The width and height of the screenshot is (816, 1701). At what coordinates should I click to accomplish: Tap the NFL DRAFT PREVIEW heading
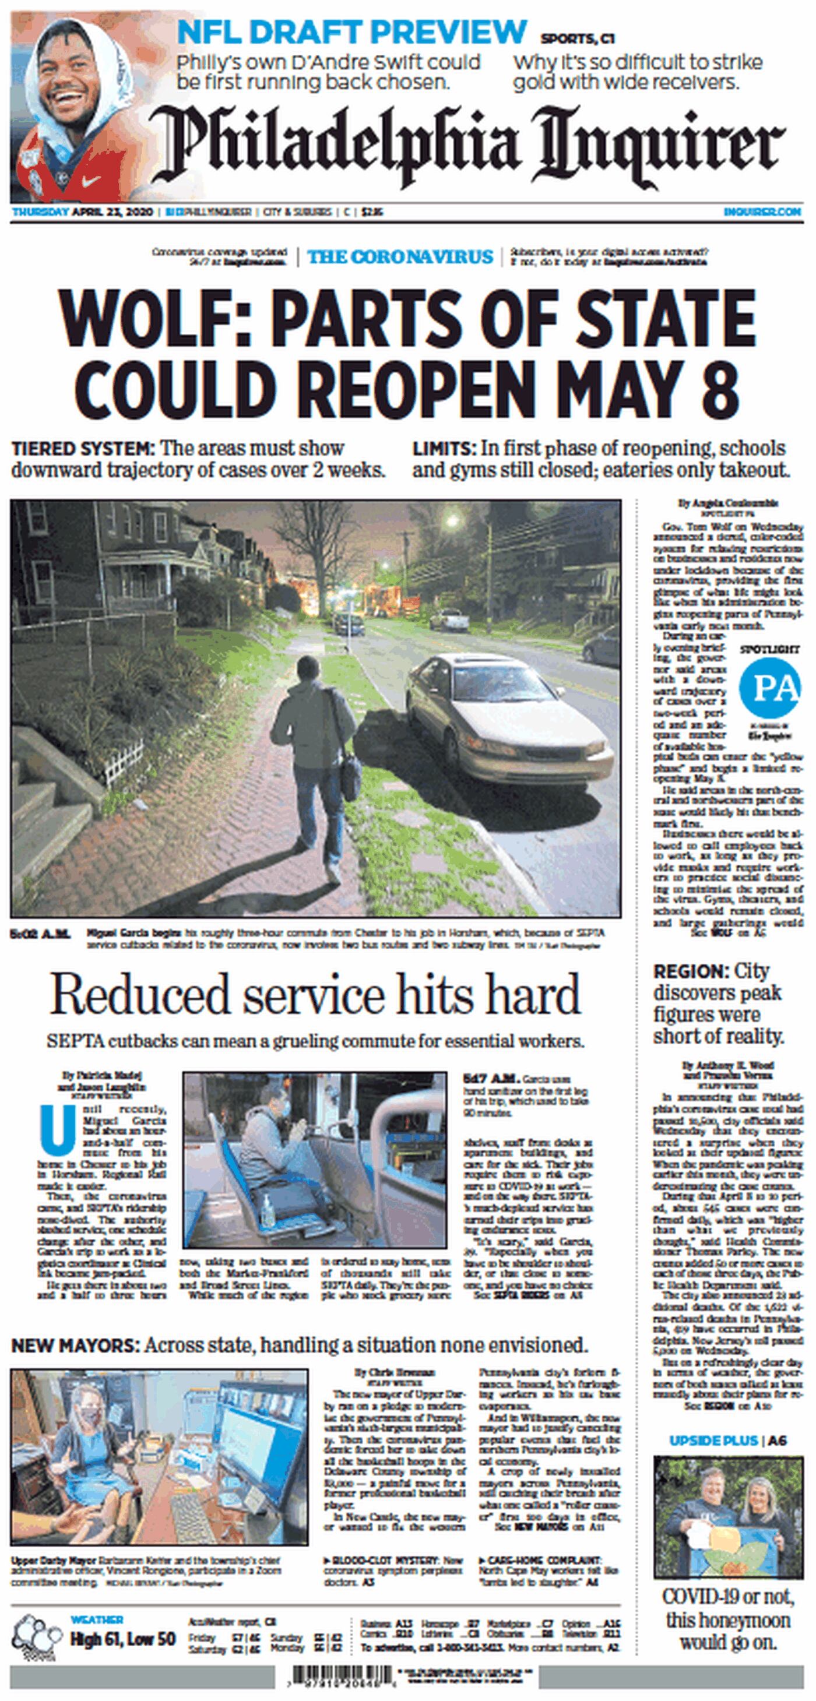click(351, 31)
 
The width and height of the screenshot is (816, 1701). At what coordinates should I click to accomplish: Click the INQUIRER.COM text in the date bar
click(762, 212)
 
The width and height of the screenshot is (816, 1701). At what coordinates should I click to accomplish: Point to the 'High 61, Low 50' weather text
click(124, 1640)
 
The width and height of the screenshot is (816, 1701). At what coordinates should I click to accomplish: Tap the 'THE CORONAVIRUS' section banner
click(400, 257)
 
